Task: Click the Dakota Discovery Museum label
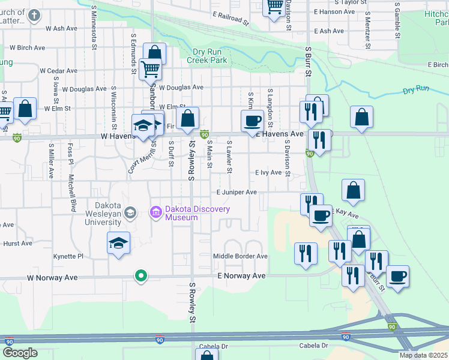tap(198, 213)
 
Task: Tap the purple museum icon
tap(155, 211)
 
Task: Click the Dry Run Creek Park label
tap(206, 56)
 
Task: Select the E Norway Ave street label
tap(241, 276)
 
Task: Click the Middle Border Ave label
tap(240, 256)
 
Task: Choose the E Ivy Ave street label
tap(268, 173)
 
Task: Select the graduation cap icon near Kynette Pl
tap(119, 243)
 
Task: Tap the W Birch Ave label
tap(27, 47)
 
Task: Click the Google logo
tap(20, 353)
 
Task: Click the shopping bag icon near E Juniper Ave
tap(354, 190)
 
